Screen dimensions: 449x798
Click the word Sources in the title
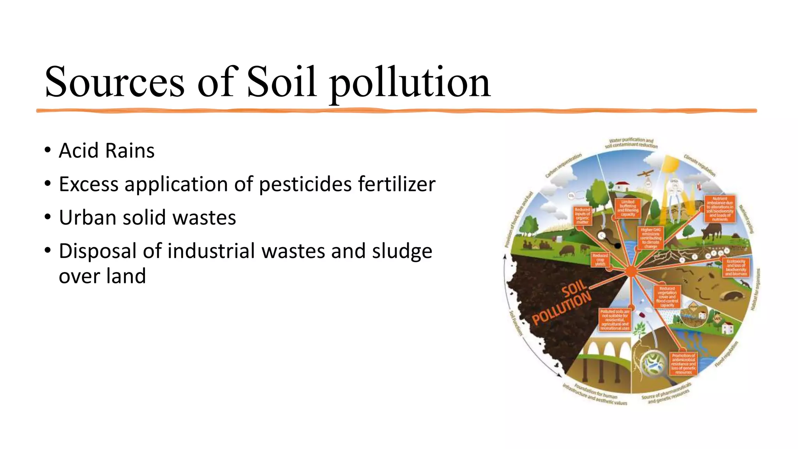click(x=114, y=82)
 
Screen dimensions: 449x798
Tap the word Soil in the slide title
click(x=281, y=82)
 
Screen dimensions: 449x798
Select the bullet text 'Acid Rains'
click(x=106, y=151)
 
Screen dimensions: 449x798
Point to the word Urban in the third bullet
click(x=87, y=217)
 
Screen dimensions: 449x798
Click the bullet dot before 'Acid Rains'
click(x=48, y=150)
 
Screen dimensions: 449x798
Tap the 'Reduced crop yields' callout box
click(x=600, y=260)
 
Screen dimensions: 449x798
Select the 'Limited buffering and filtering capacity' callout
click(x=628, y=208)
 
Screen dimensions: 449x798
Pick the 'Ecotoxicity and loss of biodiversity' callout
click(x=736, y=267)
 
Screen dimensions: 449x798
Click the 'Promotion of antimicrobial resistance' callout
click(x=683, y=364)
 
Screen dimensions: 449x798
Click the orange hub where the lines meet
click(x=631, y=271)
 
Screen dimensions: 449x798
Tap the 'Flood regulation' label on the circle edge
click(x=726, y=354)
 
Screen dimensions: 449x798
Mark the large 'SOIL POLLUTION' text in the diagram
click(x=562, y=303)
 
